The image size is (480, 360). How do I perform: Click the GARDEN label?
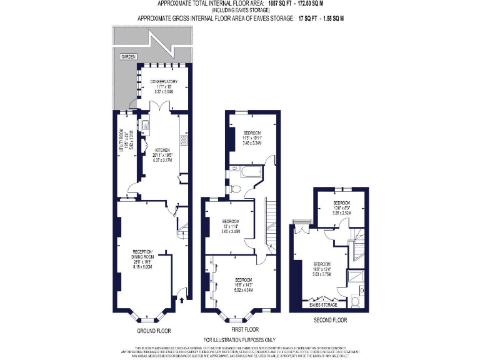click(128, 56)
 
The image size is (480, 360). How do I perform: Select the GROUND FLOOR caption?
click(153, 331)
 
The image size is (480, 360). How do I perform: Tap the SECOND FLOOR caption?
click(331, 320)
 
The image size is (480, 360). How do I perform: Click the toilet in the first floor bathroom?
click(232, 187)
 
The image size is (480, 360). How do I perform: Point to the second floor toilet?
click(354, 301)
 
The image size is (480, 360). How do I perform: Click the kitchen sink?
click(144, 126)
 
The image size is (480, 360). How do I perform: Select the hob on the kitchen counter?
click(184, 141)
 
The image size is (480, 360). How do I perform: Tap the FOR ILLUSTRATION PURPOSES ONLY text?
click(239, 339)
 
